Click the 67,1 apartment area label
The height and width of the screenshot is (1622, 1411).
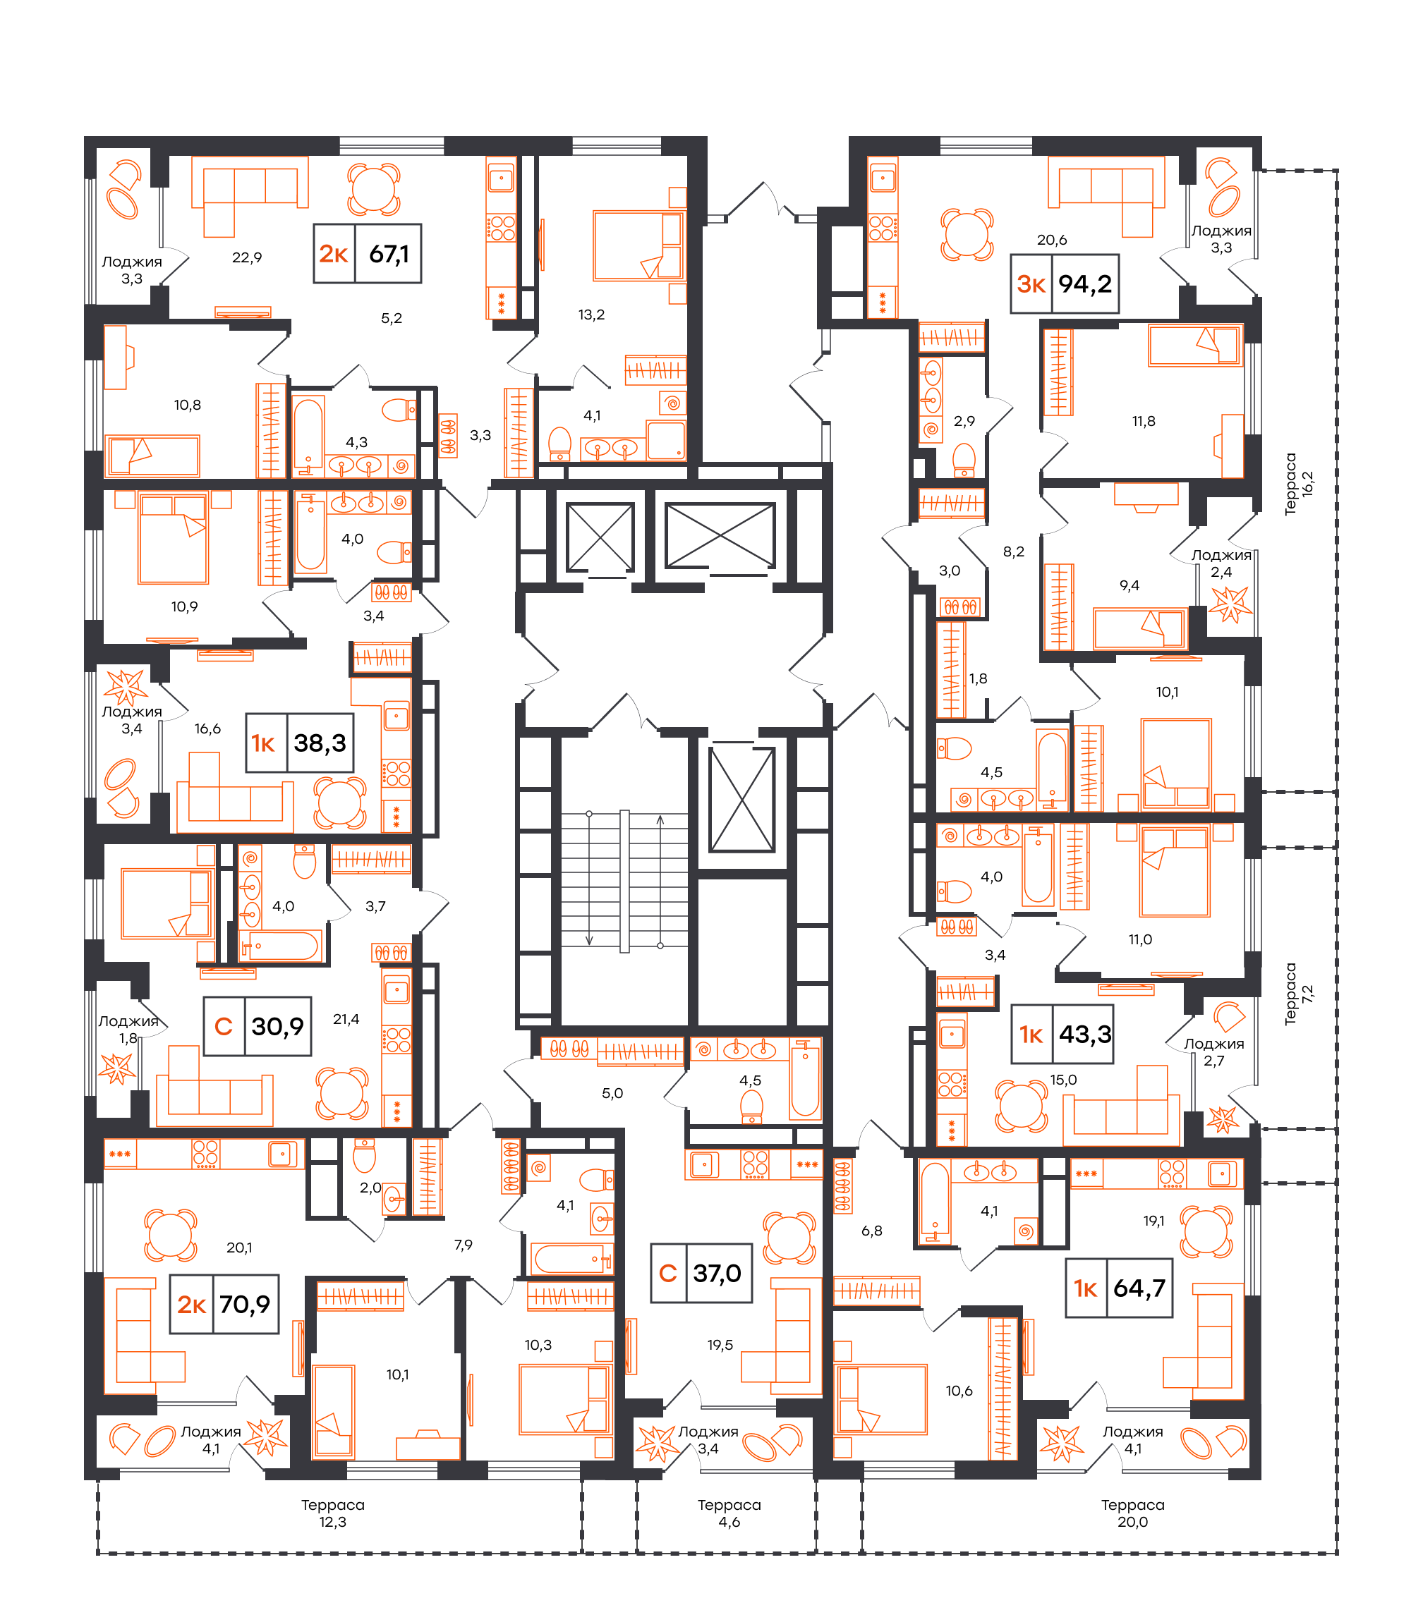(x=389, y=254)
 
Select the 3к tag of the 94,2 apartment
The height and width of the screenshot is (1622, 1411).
(x=1031, y=284)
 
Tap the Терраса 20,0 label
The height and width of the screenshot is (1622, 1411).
(x=1132, y=1513)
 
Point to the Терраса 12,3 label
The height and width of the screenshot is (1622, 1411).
(x=332, y=1513)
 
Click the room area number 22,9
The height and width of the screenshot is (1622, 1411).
(x=246, y=257)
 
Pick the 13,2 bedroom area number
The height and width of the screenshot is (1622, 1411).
(x=591, y=315)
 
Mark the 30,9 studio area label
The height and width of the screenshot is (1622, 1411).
(x=277, y=1026)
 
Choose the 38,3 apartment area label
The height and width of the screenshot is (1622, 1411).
(x=320, y=743)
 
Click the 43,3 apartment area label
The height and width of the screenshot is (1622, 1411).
(x=1085, y=1034)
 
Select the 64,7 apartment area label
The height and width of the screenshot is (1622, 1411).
(x=1139, y=1288)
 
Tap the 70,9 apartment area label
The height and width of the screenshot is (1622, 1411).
(x=245, y=1304)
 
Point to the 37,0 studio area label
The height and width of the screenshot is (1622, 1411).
(x=717, y=1274)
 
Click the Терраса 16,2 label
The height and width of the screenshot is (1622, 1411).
(x=1298, y=484)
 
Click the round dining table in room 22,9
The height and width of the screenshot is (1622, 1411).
(x=374, y=189)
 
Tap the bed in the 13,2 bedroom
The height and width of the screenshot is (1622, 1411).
(x=638, y=245)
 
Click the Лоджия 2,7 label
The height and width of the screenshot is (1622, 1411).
(x=1214, y=1052)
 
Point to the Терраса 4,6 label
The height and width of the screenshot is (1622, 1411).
(x=729, y=1513)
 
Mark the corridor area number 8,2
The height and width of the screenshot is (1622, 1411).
(x=1013, y=551)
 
